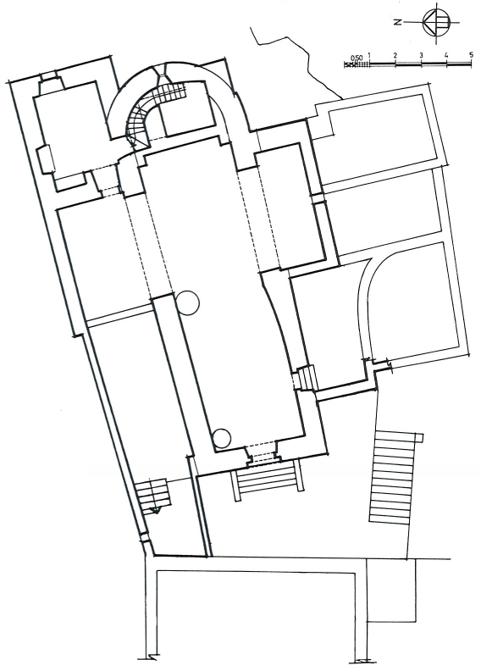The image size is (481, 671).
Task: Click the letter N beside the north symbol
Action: pos(398,22)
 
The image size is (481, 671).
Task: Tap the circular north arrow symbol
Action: pos(435,22)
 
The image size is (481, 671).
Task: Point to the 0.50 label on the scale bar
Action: pos(357,58)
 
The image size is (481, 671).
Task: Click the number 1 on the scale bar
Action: pos(369,56)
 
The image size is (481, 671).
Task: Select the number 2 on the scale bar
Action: pos(395,56)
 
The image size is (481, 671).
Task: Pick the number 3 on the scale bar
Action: pos(421,56)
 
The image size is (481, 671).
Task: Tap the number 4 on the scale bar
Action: pos(446,56)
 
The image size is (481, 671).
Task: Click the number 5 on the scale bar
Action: pos(471,55)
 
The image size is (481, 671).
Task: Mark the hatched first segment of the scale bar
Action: pos(357,64)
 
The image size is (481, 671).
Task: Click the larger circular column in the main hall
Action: pos(187,302)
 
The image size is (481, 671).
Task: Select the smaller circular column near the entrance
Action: pos(222,438)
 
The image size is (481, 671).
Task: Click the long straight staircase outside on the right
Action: pos(392,477)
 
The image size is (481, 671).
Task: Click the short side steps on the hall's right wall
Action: pos(307,376)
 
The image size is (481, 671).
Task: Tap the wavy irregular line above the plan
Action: pos(299,58)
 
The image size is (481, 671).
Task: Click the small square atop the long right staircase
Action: pos(419,437)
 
